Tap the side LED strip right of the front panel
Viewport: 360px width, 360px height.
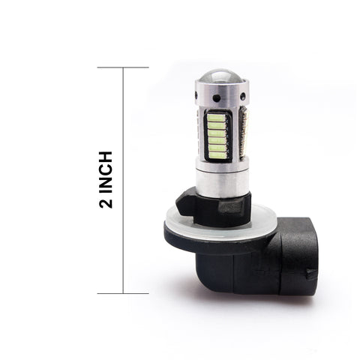[243, 135]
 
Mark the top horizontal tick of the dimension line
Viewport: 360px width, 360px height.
[123, 67]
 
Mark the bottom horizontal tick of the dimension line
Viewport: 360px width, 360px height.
[123, 292]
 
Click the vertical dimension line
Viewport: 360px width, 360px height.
[123, 180]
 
